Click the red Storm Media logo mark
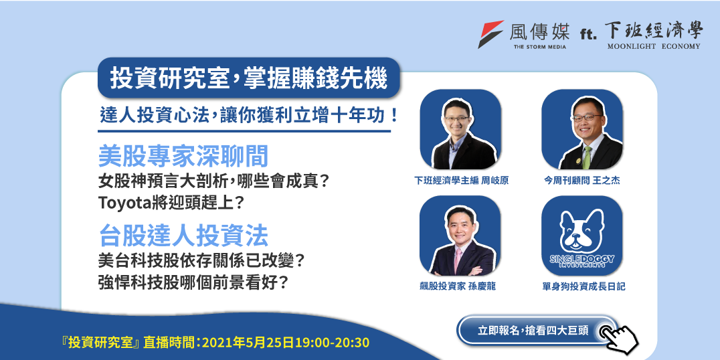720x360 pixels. click(x=490, y=34)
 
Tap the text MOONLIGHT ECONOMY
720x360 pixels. click(x=654, y=46)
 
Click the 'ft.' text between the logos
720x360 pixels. click(x=588, y=33)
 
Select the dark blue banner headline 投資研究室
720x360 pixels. click(x=169, y=78)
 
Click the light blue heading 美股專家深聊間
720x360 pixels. click(x=183, y=157)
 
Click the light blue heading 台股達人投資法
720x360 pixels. click(x=183, y=236)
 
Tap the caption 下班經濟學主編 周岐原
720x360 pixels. click(x=460, y=181)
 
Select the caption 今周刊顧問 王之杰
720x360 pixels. click(x=581, y=181)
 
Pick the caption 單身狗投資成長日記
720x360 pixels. click(x=583, y=286)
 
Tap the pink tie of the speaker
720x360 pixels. click(x=458, y=260)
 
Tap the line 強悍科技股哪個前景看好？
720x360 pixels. click(x=193, y=282)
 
